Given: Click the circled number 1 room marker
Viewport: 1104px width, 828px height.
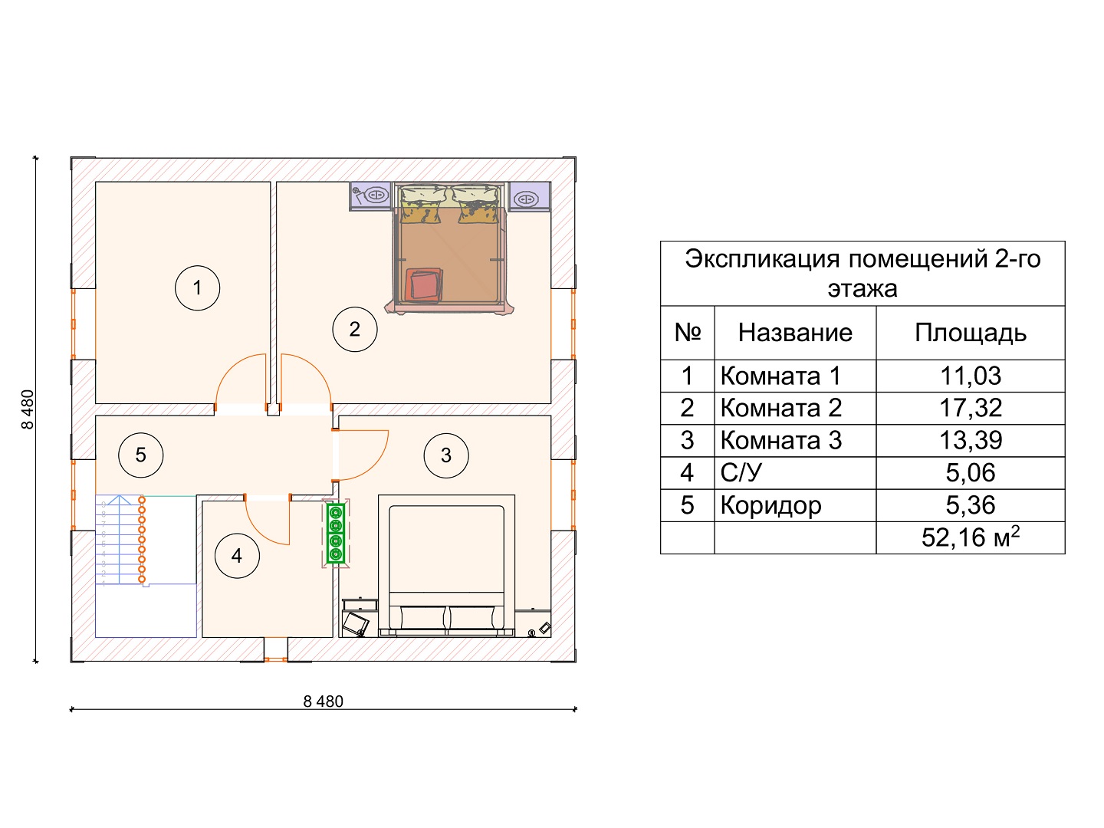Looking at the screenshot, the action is (x=197, y=288).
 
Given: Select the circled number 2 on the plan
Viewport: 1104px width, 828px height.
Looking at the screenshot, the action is (x=355, y=330).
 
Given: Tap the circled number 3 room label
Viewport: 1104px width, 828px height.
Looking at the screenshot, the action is (x=446, y=455).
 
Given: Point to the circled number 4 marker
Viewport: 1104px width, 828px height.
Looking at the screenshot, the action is (x=237, y=556).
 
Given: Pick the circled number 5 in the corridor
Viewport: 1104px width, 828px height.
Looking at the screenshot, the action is (x=141, y=455).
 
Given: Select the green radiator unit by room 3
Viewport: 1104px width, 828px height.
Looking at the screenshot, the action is (x=336, y=534).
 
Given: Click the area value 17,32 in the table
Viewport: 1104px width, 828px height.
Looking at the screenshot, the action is (x=970, y=408).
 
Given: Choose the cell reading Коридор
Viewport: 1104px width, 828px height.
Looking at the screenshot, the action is (x=770, y=506).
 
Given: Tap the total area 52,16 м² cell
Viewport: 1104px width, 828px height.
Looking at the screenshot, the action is (x=970, y=537).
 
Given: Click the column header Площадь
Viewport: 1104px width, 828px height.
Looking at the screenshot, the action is (x=970, y=333).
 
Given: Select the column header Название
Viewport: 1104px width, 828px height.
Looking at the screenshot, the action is (x=795, y=333).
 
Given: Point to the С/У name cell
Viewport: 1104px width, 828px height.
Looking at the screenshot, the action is (x=741, y=473).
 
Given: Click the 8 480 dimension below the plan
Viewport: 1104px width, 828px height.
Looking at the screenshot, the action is (x=323, y=701).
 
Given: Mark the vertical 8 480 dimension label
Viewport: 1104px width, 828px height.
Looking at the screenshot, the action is (x=28, y=409).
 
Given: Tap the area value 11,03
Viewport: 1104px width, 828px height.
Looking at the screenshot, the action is (x=970, y=376).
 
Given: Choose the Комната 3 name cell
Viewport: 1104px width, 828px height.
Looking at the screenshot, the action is (x=781, y=440).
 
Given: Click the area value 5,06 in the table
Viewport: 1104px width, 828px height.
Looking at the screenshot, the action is (x=970, y=473).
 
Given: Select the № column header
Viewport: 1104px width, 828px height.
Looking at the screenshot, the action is (x=688, y=332).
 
